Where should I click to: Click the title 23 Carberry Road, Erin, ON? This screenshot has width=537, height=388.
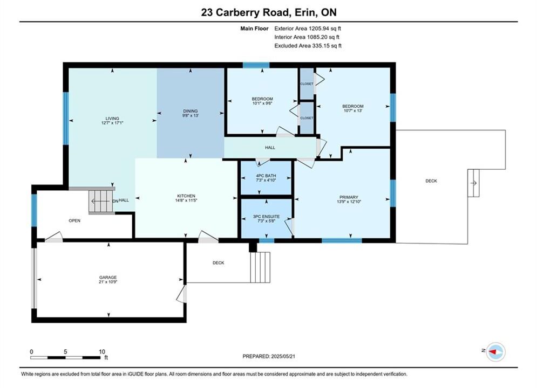pos(269,12)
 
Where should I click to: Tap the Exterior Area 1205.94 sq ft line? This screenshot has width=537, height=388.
pos(308,29)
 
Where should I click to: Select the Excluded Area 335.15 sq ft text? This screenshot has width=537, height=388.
pos(308,46)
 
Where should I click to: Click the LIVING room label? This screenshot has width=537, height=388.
pos(112,118)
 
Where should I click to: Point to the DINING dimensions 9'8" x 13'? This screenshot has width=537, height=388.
pos(191,115)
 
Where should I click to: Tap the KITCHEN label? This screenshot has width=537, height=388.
pos(186,196)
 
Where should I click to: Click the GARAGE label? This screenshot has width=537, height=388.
pos(108,277)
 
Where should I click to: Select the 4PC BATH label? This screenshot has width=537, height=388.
pos(266,176)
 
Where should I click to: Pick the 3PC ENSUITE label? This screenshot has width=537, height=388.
pos(266,217)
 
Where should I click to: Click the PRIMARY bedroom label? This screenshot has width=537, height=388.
pos(349,197)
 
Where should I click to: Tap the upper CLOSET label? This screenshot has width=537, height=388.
pos(307,84)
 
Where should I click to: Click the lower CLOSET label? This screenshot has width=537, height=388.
pos(307,118)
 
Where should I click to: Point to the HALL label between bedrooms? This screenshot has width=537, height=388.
pos(270,148)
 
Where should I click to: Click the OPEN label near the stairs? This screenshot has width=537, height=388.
pos(74,220)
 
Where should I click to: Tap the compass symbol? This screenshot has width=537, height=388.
pos(495,351)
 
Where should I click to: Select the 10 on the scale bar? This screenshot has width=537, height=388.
pos(101,351)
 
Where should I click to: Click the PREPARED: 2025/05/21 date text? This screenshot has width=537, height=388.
pos(269,356)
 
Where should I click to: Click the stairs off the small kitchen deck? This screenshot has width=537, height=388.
pos(260,267)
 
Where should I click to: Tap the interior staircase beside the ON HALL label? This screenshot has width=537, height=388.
pos(101,201)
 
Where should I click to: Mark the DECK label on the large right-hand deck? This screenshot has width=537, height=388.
pos(431,181)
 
